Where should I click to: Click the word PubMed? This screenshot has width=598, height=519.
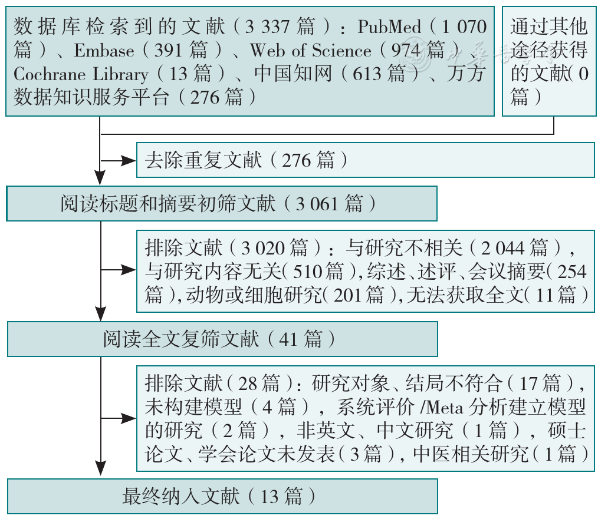[389, 27]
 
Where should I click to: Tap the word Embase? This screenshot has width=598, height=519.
[104, 50]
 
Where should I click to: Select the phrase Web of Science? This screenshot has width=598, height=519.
[310, 50]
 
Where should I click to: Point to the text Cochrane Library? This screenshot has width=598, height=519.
[81, 74]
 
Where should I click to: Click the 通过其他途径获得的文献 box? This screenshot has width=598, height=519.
[549, 61]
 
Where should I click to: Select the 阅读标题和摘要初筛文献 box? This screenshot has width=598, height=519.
[222, 203]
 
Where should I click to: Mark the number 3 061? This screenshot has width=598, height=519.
[317, 204]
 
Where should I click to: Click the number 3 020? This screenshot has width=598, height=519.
[263, 249]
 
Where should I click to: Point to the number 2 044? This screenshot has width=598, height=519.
[502, 249]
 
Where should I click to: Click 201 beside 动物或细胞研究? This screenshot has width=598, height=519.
[347, 295]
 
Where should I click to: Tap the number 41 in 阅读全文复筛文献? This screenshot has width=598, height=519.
[288, 339]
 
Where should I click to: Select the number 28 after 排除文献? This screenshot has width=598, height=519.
[248, 384]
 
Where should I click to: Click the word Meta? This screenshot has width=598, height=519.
[444, 407]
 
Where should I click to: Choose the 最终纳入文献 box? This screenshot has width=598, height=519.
[222, 496]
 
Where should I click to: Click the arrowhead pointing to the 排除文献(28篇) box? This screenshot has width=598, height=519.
[129, 418]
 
